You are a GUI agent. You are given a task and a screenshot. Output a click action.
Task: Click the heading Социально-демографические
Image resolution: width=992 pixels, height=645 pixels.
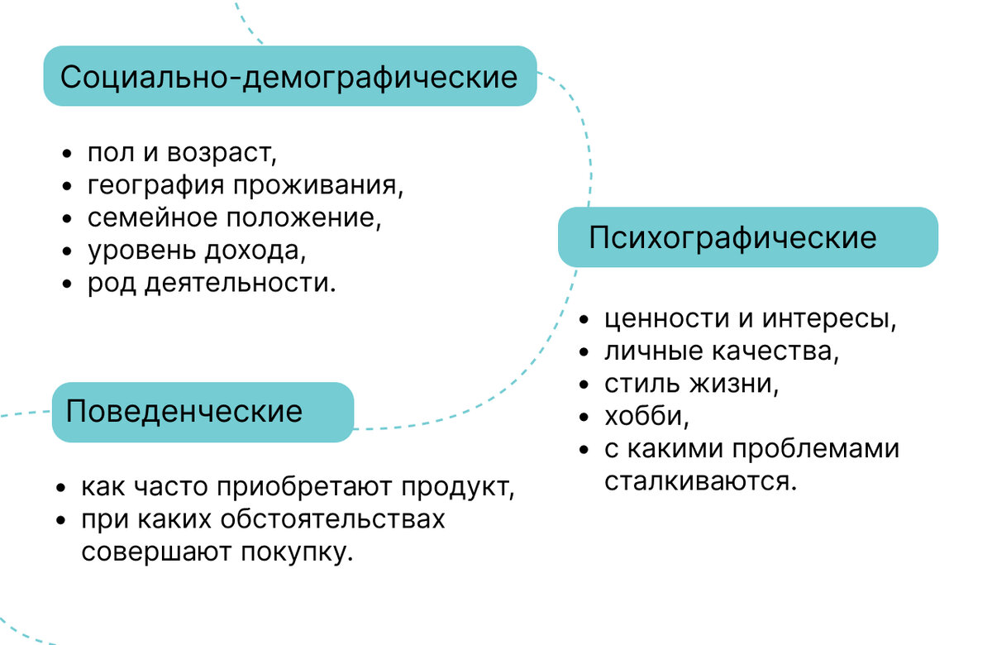tap(289, 78)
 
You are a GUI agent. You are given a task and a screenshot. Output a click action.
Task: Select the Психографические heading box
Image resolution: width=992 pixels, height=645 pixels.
tap(748, 237)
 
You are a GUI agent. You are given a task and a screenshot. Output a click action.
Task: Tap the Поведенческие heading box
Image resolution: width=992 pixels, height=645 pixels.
tap(203, 412)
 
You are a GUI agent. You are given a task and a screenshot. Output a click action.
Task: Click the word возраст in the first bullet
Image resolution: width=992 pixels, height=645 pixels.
tap(222, 153)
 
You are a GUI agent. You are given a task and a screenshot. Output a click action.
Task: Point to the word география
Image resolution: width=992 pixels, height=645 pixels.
tap(156, 185)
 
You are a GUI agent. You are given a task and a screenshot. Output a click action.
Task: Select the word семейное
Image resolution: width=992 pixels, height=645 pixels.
tap(153, 218)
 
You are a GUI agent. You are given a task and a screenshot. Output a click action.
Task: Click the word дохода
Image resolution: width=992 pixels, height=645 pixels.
tap(255, 251)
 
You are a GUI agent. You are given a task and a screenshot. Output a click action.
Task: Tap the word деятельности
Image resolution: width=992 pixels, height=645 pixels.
tap(241, 283)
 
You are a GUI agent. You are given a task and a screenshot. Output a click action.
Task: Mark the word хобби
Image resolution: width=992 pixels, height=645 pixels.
tap(647, 416)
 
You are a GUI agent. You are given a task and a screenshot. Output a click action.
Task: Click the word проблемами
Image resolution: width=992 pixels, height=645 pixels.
tap(816, 449)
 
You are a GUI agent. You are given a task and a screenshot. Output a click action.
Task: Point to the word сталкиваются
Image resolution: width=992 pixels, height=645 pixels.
tap(701, 481)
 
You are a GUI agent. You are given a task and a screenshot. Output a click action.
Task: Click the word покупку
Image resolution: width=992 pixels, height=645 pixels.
tap(297, 553)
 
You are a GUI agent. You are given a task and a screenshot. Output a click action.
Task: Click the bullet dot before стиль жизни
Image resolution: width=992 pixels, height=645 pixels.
tap(584, 385)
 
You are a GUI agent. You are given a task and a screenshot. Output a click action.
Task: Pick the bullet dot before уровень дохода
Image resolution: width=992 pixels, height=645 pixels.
tap(67, 251)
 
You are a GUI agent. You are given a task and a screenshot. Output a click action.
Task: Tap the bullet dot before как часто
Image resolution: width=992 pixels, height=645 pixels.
tap(60, 488)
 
